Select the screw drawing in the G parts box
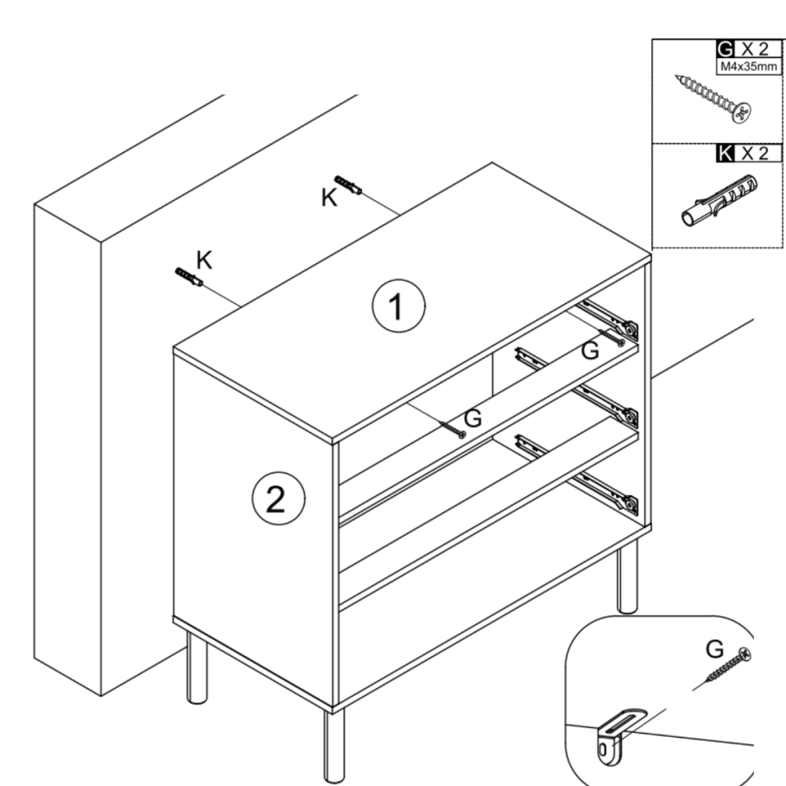[x=713, y=100]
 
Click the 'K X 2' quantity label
[x=741, y=153]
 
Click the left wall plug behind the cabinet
[x=188, y=277]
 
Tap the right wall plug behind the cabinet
[x=348, y=185]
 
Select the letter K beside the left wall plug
[x=203, y=260]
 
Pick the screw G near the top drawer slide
[x=613, y=337]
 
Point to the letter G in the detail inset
[x=715, y=649]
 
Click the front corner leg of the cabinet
[x=334, y=745]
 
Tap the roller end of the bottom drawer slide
[x=629, y=504]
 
